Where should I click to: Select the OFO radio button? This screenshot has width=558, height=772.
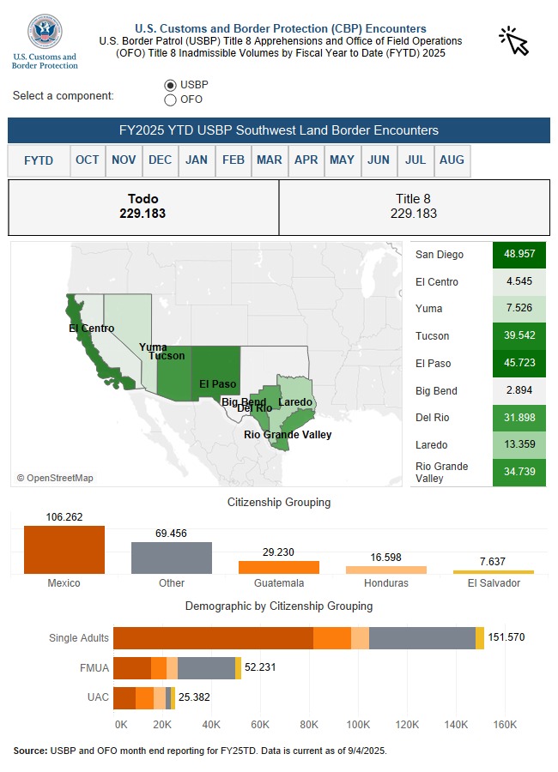pyautogui.click(x=170, y=100)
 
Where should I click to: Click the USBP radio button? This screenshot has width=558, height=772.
pyautogui.click(x=170, y=85)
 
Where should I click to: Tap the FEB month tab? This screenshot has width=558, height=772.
pyautogui.click(x=233, y=160)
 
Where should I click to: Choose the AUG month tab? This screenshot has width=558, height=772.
pyautogui.click(x=452, y=160)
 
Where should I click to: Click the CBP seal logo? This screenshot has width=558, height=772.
pyautogui.click(x=45, y=32)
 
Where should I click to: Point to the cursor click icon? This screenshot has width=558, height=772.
pyautogui.click(x=514, y=39)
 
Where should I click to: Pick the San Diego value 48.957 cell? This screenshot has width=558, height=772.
pyautogui.click(x=519, y=255)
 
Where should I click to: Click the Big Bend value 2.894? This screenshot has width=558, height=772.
pyautogui.click(x=519, y=391)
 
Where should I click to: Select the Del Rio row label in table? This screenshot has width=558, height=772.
pyautogui.click(x=432, y=418)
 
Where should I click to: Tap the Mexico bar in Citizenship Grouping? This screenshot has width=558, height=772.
pyautogui.click(x=64, y=550)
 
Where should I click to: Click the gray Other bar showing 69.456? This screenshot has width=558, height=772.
pyautogui.click(x=172, y=558)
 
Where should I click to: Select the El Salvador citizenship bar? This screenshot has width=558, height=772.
pyautogui.click(x=494, y=572)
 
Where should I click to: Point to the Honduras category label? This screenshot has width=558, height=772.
pyautogui.click(x=386, y=583)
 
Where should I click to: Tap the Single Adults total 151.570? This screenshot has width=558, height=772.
pyautogui.click(x=506, y=637)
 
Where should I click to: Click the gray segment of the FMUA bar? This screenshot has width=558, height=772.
pyautogui.click(x=206, y=668)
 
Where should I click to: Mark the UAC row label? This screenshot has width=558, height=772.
pyautogui.click(x=99, y=697)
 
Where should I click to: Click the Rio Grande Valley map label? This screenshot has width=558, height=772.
pyautogui.click(x=288, y=435)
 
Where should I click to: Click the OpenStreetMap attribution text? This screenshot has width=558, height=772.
pyautogui.click(x=55, y=478)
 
